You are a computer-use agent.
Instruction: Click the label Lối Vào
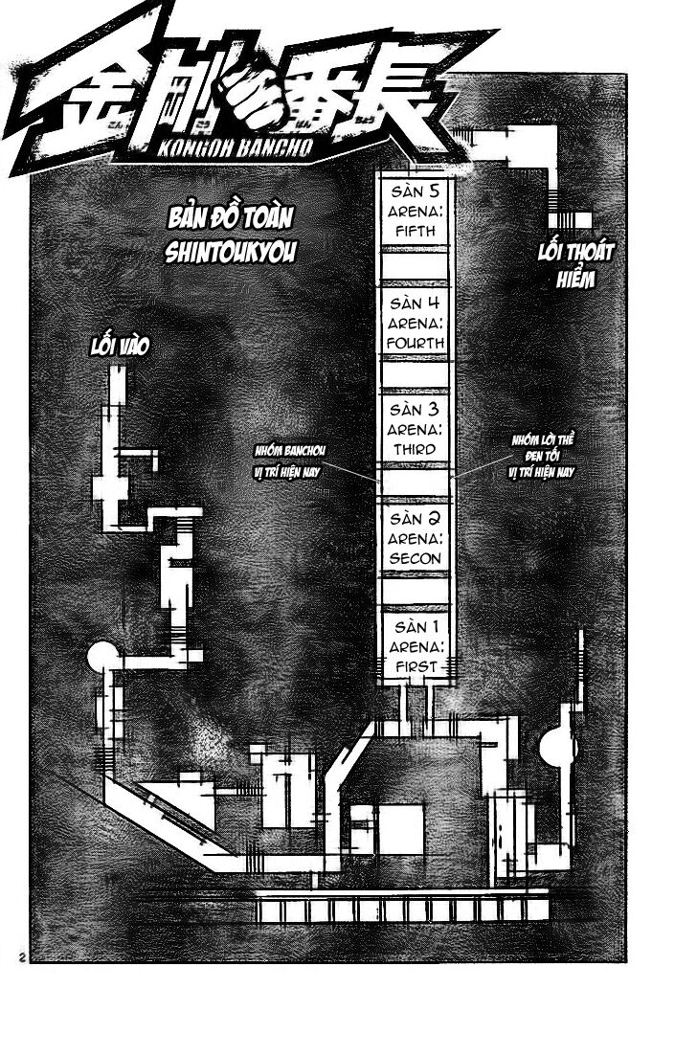[x=117, y=345]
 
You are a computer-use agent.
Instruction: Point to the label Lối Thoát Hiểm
[x=574, y=265]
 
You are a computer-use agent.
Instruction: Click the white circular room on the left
[x=101, y=659]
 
